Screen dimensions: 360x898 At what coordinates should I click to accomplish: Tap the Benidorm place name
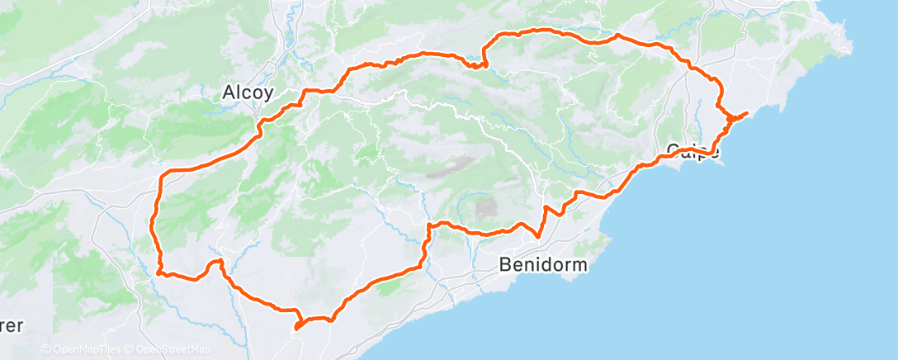(x=544, y=265)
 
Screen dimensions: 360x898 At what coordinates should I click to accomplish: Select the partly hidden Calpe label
(x=692, y=150)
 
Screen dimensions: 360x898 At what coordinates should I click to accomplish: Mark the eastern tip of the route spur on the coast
(x=746, y=112)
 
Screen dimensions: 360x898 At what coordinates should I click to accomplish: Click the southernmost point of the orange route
(x=295, y=328)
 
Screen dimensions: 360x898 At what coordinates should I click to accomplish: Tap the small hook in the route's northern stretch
(x=480, y=63)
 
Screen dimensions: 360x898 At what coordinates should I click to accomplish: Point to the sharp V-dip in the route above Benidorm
(x=538, y=235)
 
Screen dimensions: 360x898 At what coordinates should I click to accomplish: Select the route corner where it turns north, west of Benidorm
(x=429, y=225)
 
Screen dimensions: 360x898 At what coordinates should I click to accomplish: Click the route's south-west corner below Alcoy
(x=159, y=272)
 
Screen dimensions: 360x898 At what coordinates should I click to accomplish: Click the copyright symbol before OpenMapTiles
(x=45, y=350)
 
